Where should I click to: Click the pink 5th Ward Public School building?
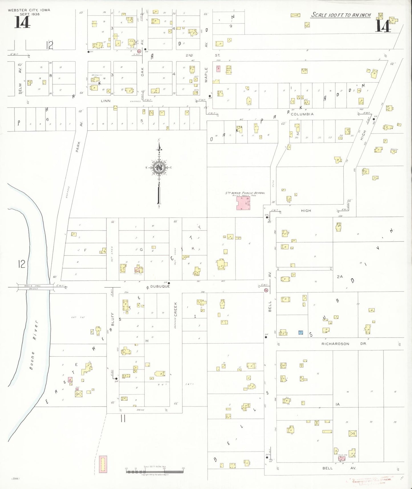243,203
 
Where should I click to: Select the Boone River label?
34,345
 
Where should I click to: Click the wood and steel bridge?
36,287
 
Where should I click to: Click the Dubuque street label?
160,286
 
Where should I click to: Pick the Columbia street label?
302,114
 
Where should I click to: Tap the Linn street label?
105,101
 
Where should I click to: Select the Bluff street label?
113,320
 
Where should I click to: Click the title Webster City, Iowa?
29,10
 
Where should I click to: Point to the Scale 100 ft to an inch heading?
341,15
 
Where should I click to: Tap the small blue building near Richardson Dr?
301,332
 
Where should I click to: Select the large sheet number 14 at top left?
22,22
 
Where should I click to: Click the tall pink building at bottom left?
103,464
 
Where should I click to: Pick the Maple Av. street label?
206,75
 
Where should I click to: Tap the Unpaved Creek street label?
176,314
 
